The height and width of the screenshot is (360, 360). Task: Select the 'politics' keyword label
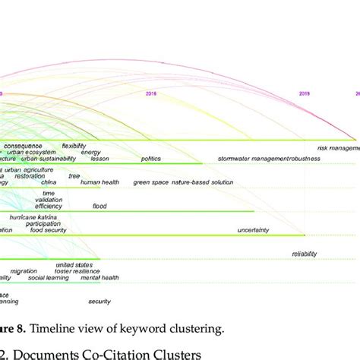(150, 159)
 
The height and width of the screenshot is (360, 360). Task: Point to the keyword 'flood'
(100, 206)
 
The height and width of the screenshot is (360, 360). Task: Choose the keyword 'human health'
(99, 182)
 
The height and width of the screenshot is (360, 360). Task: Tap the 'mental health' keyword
(100, 278)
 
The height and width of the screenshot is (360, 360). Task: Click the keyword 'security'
(99, 302)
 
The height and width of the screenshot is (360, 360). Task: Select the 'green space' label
(150, 182)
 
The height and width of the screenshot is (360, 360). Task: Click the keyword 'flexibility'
(74, 146)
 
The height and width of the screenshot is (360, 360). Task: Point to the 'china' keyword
(49, 182)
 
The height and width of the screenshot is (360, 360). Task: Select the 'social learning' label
(46, 278)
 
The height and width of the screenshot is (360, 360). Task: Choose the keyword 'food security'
(46, 229)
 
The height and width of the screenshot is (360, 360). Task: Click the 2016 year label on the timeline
(150, 93)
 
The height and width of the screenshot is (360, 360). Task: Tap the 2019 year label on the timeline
(304, 93)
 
